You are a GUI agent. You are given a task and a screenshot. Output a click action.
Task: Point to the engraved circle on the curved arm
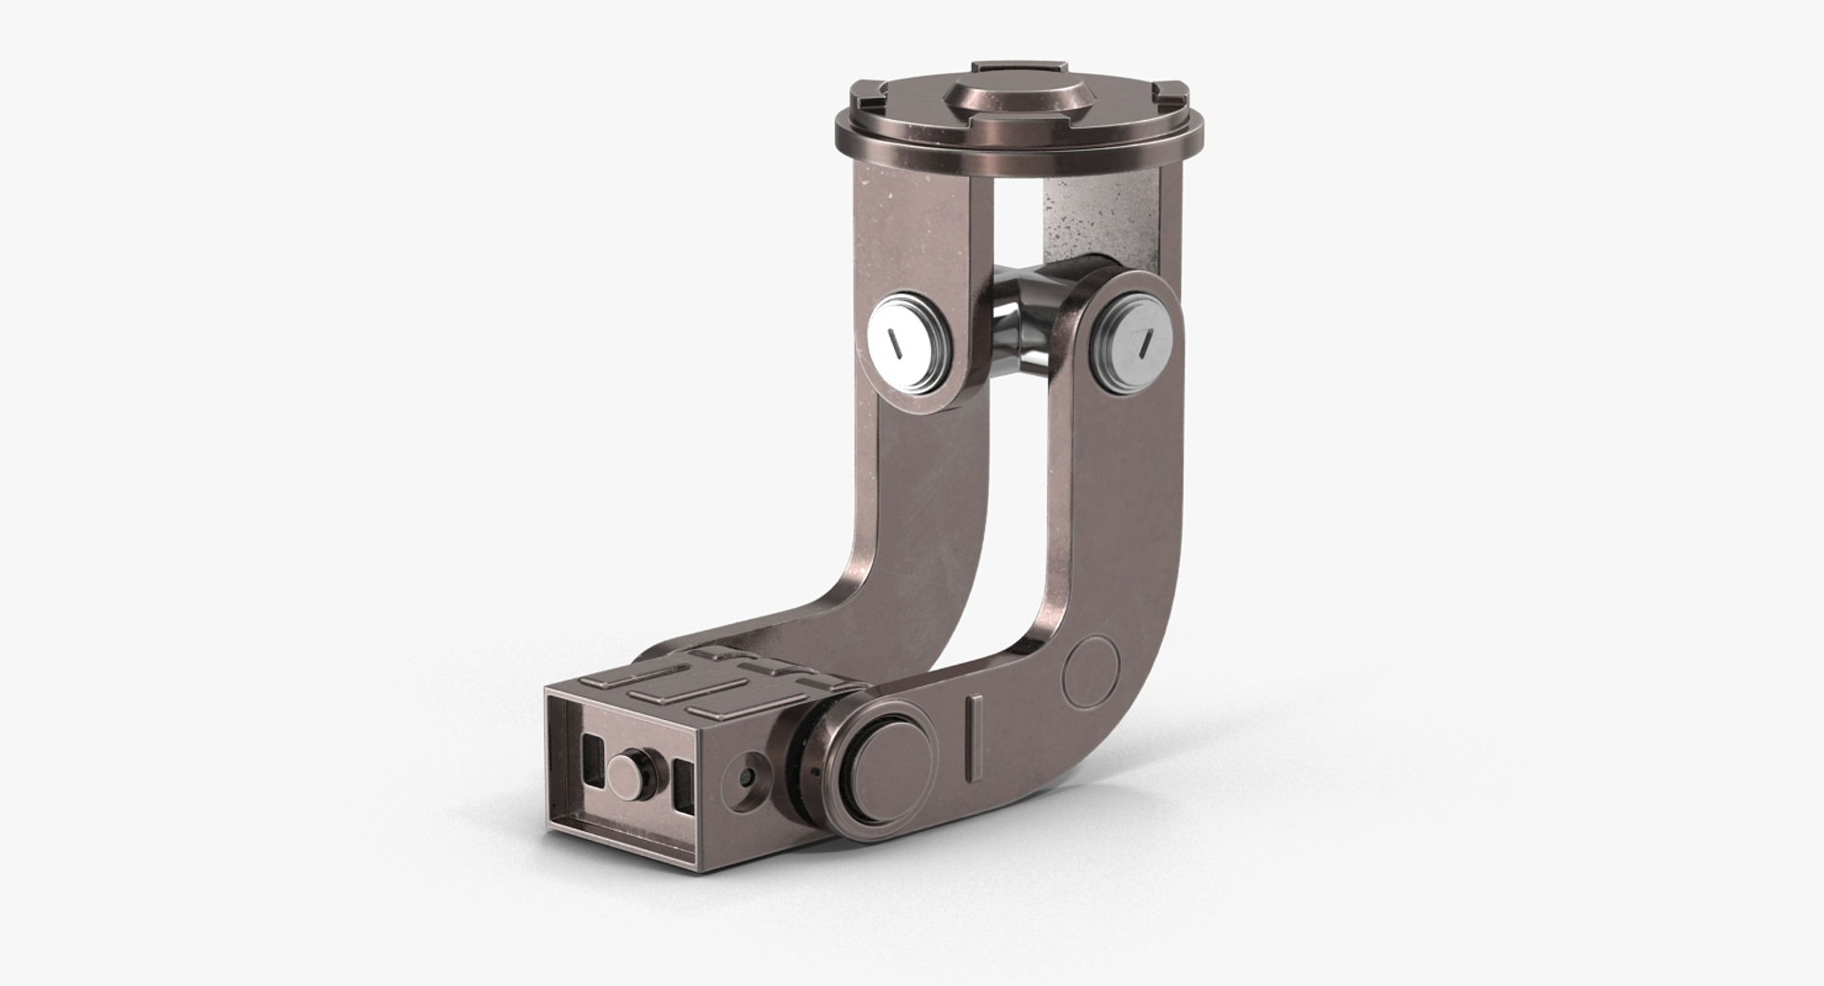[x=1090, y=673]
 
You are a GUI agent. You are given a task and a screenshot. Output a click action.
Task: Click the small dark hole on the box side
[x=749, y=777]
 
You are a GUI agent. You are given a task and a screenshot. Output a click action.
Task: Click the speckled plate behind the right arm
[x=1092, y=218]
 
